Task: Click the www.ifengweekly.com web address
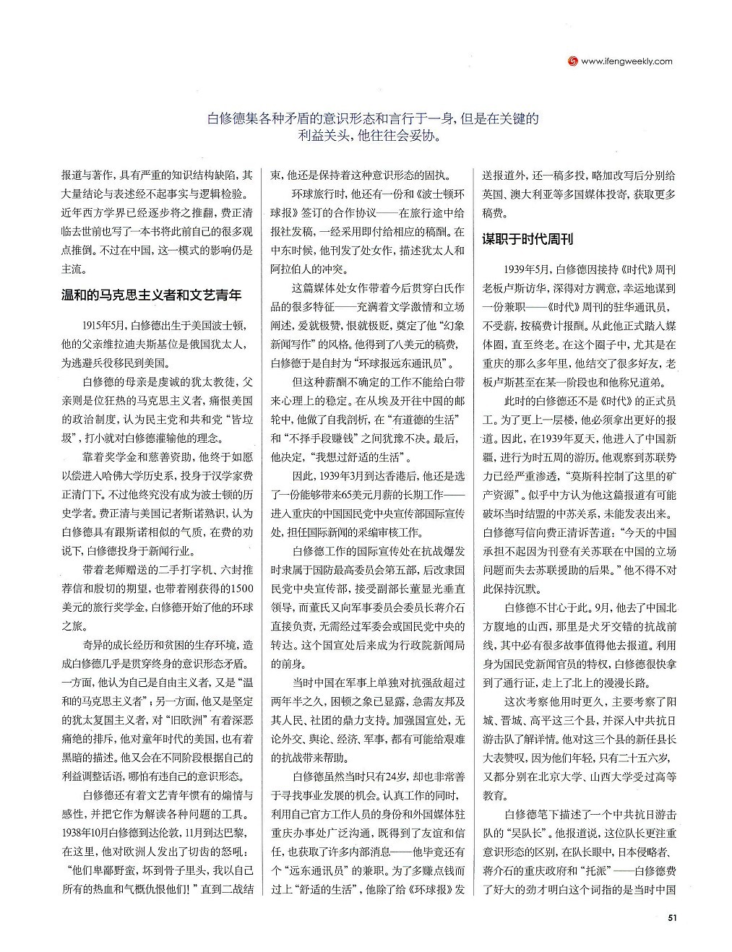click(x=626, y=61)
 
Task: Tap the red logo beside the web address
click(x=571, y=61)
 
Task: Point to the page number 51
click(x=671, y=918)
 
